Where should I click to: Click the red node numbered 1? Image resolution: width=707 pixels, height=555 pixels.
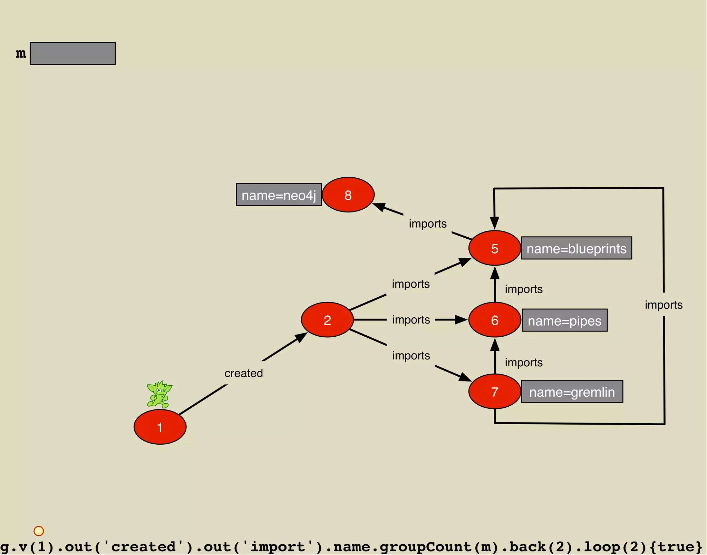tap(160, 427)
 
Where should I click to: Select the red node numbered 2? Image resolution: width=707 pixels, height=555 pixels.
tap(327, 320)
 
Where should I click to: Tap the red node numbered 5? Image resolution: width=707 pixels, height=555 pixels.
tap(494, 248)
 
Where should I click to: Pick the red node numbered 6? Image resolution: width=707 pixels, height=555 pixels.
tap(494, 320)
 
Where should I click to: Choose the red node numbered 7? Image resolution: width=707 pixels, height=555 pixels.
tap(494, 392)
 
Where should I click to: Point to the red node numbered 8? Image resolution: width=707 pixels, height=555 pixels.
tap(348, 195)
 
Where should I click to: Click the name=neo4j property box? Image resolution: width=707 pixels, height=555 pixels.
tap(279, 195)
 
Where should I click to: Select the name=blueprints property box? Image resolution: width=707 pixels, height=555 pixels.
tap(576, 248)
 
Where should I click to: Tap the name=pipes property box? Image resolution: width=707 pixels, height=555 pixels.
tap(564, 320)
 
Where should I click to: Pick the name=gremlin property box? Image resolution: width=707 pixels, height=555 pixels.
tap(572, 392)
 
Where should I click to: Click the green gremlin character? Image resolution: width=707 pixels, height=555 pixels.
tap(159, 394)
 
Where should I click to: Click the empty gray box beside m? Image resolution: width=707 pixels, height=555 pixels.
tap(73, 53)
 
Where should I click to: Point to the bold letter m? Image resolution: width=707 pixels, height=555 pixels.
tap(21, 53)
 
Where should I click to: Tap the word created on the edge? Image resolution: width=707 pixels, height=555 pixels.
tap(243, 373)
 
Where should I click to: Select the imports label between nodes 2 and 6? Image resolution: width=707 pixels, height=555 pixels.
tap(411, 320)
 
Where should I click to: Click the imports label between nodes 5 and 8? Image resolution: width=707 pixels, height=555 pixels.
tap(428, 224)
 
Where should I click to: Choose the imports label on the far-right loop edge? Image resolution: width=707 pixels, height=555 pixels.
tap(664, 305)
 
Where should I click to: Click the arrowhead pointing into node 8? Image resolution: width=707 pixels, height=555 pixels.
tap(379, 207)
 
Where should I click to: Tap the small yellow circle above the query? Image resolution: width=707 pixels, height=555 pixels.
tap(39, 531)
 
